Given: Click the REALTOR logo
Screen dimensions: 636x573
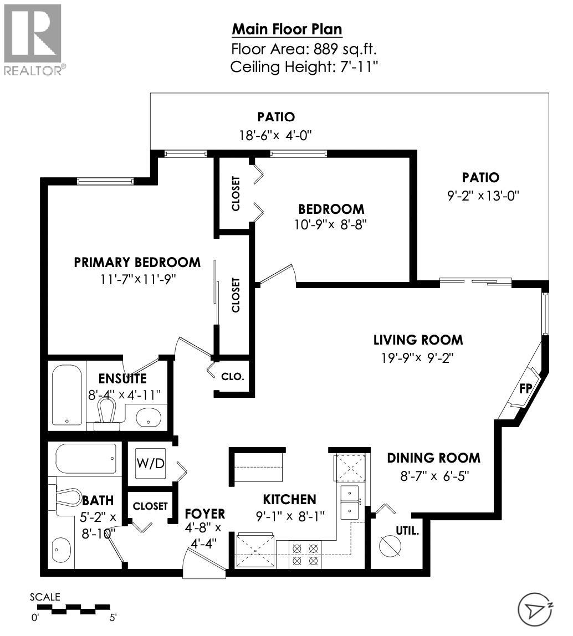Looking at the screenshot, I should (33, 39).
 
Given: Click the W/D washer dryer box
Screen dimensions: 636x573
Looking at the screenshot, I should (150, 463).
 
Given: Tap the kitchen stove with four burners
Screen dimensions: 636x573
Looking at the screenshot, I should (305, 554).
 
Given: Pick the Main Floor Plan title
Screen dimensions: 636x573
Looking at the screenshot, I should (286, 29).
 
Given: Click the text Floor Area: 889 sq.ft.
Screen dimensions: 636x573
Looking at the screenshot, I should (304, 48).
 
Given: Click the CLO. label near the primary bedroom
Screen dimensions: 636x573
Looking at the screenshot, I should (232, 377).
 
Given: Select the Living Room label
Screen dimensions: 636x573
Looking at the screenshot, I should (417, 340).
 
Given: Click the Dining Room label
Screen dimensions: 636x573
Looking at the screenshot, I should (433, 458).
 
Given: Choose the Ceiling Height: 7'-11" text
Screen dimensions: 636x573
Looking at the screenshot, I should (304, 67).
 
